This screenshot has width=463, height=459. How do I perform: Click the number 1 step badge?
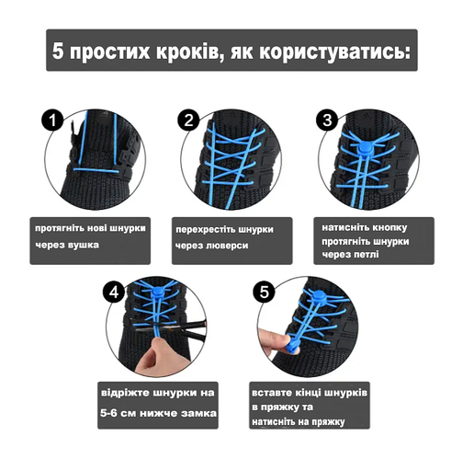[54, 120]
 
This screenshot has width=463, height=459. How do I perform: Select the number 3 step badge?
[326, 120]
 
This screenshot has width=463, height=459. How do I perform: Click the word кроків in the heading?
[178, 52]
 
